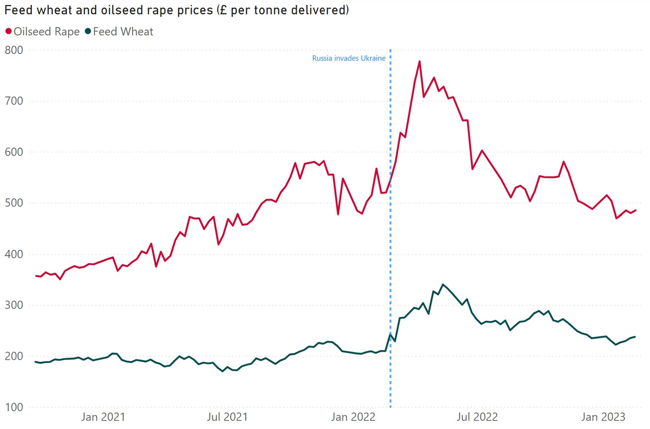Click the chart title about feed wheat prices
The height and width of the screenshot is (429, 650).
tap(176, 10)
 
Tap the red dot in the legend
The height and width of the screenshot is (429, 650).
tap(9, 31)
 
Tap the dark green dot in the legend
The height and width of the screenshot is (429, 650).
tap(88, 31)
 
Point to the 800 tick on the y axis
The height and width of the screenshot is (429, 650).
tap(14, 50)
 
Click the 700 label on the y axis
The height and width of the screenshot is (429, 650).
tap(14, 101)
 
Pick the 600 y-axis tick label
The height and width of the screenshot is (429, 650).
tap(14, 152)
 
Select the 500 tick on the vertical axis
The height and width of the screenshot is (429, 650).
tap(14, 203)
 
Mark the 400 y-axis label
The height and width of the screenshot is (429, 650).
tap(14, 254)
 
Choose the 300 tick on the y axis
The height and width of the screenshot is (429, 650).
tap(14, 305)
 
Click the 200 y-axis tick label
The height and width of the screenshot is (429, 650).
tap(14, 356)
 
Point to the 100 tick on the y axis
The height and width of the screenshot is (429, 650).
tap(14, 407)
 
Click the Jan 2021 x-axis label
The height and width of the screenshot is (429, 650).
tap(103, 417)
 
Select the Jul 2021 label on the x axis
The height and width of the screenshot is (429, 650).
tap(227, 417)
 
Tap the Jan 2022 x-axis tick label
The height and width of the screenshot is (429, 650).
tap(353, 417)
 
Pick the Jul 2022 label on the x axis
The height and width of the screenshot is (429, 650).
tap(477, 417)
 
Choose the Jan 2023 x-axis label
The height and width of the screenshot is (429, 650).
tap(603, 417)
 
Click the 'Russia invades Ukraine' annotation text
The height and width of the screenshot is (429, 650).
tap(349, 58)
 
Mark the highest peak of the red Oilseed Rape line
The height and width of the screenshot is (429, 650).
tap(420, 62)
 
